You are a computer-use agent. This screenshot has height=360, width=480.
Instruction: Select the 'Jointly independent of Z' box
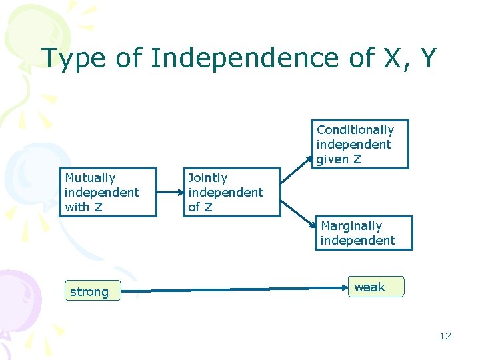click(232, 192)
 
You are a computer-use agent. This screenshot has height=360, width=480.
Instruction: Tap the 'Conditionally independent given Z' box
click(361, 144)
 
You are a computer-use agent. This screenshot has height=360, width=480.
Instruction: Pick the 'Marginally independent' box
click(363, 233)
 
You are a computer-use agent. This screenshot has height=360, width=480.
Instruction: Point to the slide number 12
click(445, 336)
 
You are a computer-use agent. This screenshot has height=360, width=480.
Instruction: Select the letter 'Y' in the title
click(427, 58)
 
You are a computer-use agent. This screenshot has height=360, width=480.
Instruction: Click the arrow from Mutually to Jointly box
click(171, 191)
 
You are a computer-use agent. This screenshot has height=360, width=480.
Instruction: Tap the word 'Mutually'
click(90, 178)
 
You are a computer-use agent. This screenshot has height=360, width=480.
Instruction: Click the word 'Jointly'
click(208, 178)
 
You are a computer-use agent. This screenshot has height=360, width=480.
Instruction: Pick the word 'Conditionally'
click(355, 130)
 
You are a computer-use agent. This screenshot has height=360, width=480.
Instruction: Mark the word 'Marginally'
click(351, 226)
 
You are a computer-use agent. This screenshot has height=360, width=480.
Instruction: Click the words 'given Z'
click(339, 159)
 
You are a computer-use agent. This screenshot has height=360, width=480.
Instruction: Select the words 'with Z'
click(83, 207)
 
